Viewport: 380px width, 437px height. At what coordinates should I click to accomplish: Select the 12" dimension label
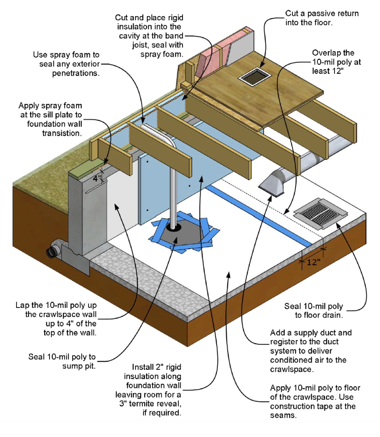pyautogui.click(x=313, y=262)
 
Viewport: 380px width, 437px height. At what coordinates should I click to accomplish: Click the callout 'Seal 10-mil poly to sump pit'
pyautogui.click(x=62, y=361)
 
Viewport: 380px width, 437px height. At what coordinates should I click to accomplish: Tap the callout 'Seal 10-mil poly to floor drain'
pyautogui.click(x=314, y=311)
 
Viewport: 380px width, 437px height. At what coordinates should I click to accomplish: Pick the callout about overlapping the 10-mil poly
pyautogui.click(x=336, y=62)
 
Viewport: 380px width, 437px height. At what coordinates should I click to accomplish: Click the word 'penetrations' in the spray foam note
pyautogui.click(x=76, y=73)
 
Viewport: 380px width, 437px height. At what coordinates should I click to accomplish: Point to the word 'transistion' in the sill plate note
pyautogui.click(x=62, y=133)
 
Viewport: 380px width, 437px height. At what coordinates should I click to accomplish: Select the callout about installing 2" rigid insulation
pyautogui.click(x=149, y=390)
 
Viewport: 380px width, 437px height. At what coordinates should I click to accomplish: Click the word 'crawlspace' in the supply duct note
pyautogui.click(x=291, y=369)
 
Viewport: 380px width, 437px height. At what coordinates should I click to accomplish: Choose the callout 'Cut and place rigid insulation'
pyautogui.click(x=149, y=36)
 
